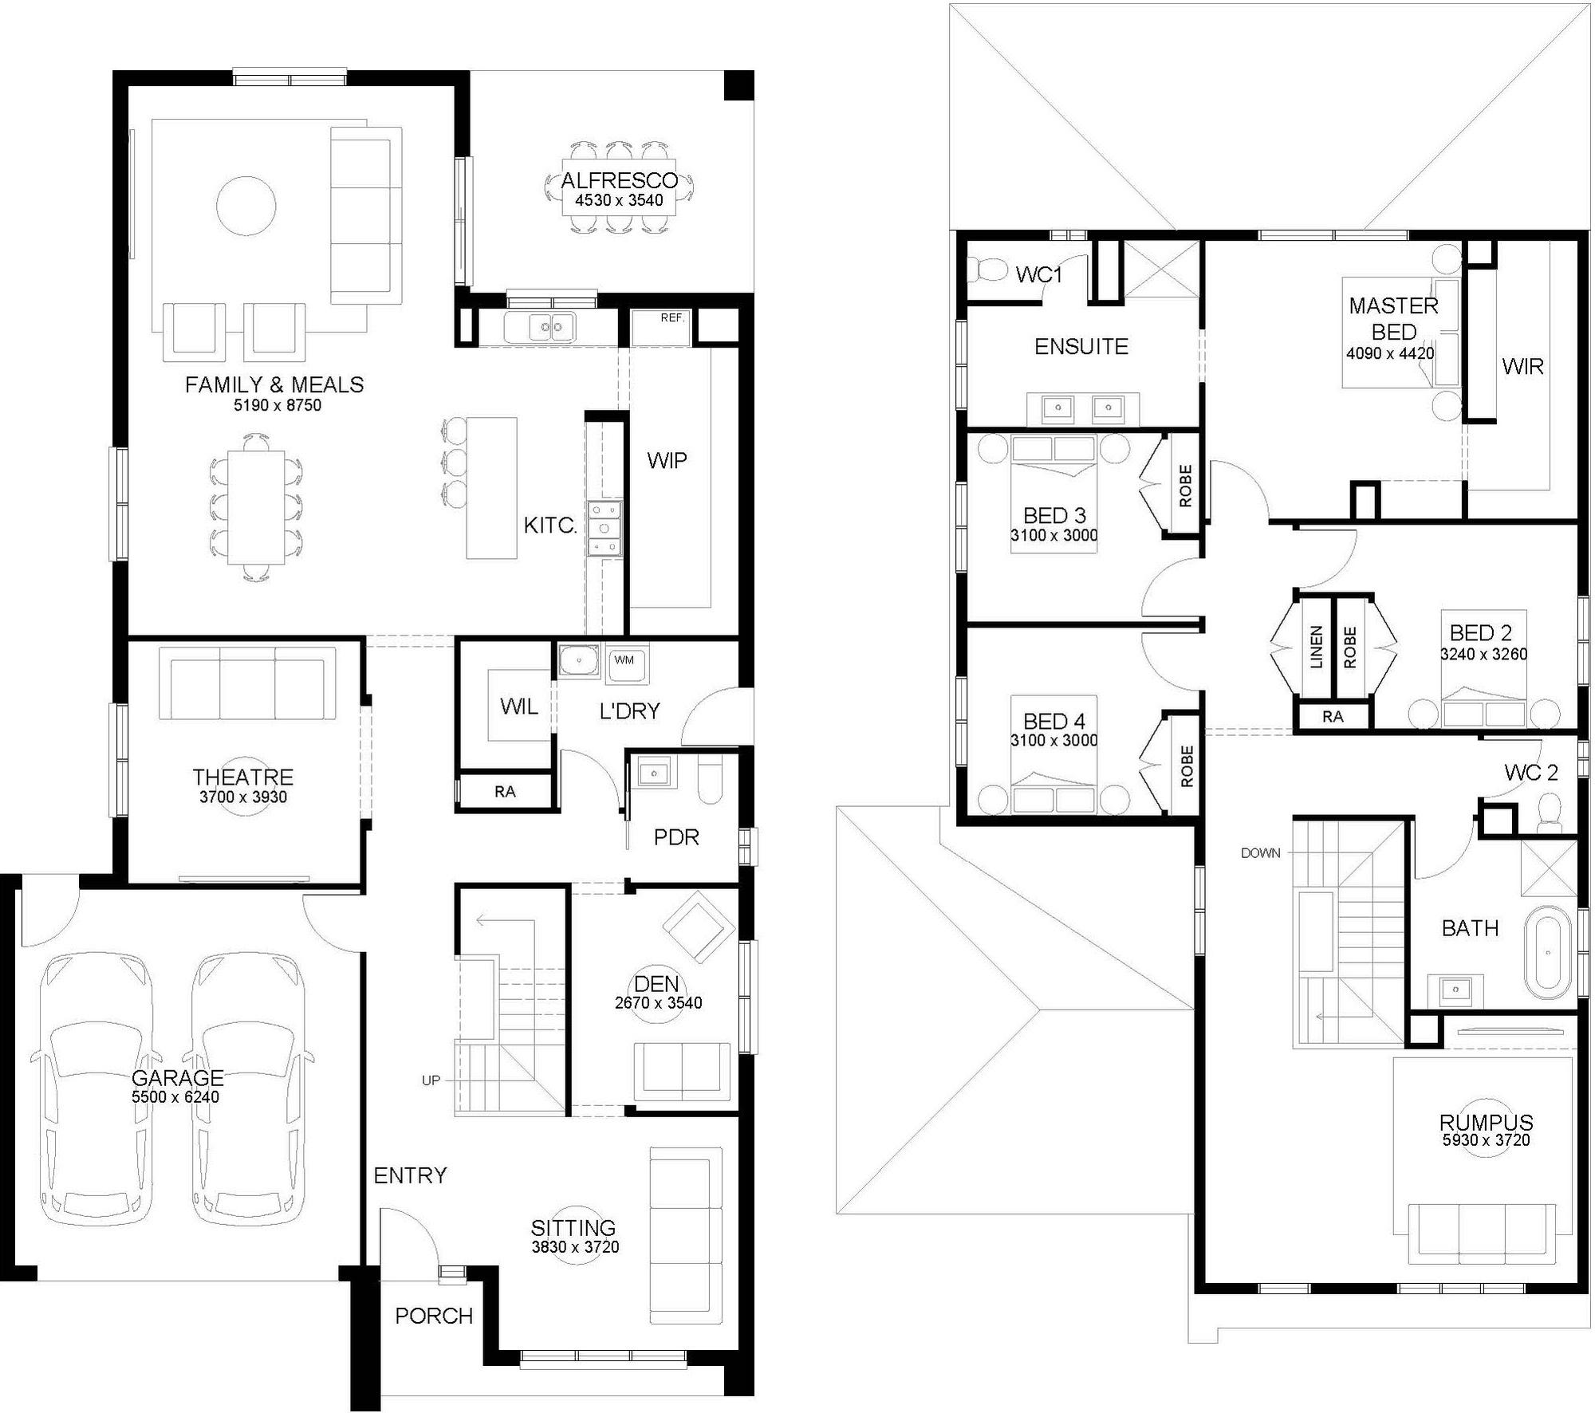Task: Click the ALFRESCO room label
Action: coord(619,180)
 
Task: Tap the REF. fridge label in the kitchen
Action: coord(672,317)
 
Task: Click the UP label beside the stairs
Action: coord(431,1080)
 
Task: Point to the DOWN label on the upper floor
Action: coord(1261,853)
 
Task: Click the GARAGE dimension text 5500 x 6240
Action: coord(175,1098)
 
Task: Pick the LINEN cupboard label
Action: coord(1317,646)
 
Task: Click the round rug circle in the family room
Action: coord(246,206)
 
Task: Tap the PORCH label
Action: coord(434,1316)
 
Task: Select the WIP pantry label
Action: coord(667,461)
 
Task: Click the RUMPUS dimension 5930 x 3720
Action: coord(1486,1140)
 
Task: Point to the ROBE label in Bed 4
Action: coord(1186,766)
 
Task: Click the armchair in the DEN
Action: coord(699,927)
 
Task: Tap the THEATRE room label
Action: coord(242,777)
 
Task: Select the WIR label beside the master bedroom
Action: coord(1522,367)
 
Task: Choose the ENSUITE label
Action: coord(1081,347)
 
